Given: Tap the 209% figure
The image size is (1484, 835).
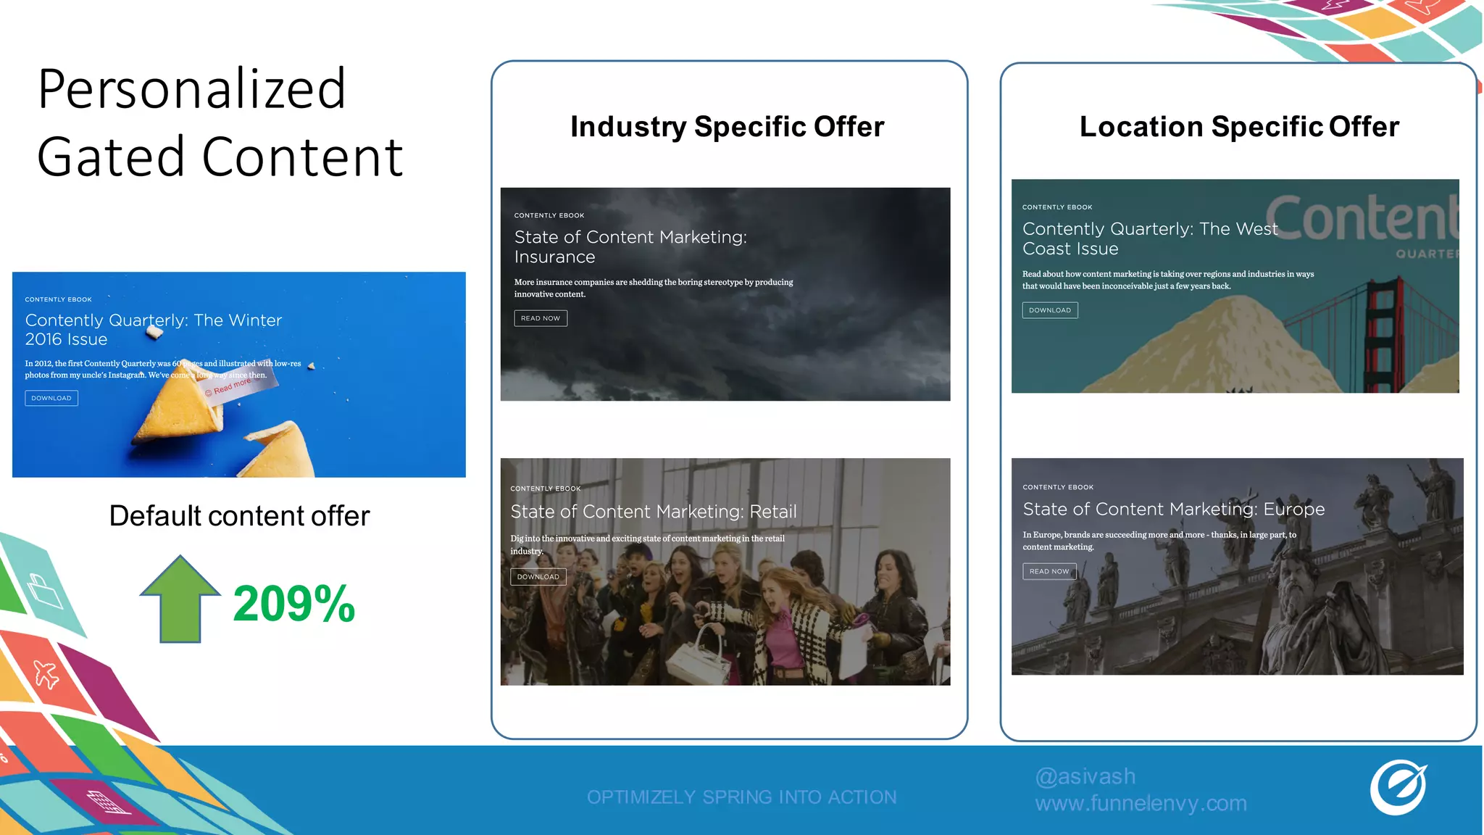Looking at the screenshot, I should pyautogui.click(x=293, y=604).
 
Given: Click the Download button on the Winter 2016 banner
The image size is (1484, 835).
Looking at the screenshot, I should pyautogui.click(x=51, y=398).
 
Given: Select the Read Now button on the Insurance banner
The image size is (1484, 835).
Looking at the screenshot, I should pyautogui.click(x=541, y=318).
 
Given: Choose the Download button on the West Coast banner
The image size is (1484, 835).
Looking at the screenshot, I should pyautogui.click(x=1050, y=310).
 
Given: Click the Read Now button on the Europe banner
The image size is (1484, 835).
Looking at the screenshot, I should pyautogui.click(x=1049, y=571).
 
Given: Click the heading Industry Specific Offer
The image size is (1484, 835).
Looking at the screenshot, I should pyautogui.click(x=728, y=127).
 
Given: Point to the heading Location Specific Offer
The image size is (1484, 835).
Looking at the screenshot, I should pyautogui.click(x=1239, y=127).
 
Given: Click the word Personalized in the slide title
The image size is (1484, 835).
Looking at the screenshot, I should pyautogui.click(x=192, y=89).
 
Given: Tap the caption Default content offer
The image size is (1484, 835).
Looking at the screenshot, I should pyautogui.click(x=239, y=516).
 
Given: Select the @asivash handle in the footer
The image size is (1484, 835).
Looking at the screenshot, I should pyautogui.click(x=1085, y=776).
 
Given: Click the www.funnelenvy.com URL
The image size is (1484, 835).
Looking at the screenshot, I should pyautogui.click(x=1141, y=803).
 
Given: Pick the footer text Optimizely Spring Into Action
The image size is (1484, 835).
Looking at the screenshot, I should pyautogui.click(x=741, y=797).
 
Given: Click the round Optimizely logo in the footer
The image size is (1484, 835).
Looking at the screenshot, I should pyautogui.click(x=1398, y=787).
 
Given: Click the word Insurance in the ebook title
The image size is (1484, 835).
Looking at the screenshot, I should pyautogui.click(x=555, y=257).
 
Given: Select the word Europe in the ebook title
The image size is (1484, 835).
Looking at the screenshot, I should pyautogui.click(x=1294, y=510).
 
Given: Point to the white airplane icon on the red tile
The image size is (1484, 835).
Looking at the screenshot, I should pyautogui.click(x=46, y=674).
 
